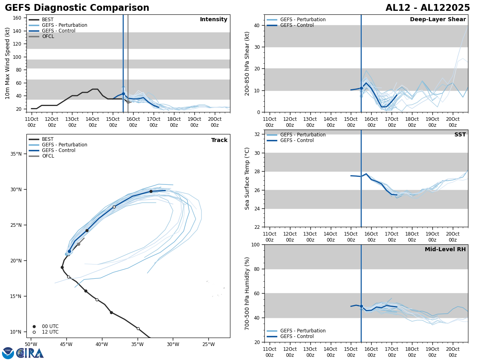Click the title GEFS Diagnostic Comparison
tap(77, 8)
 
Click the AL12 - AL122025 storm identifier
tap(428, 8)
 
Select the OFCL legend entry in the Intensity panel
tap(48, 36)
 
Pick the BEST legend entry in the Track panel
tap(48, 139)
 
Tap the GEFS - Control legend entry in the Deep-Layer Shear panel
tap(297, 25)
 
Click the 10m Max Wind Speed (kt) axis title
tap(8, 63)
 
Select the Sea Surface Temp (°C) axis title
tap(247, 178)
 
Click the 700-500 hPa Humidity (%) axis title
tap(247, 293)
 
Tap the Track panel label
tap(219, 140)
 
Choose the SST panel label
tap(460, 135)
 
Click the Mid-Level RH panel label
tap(445, 250)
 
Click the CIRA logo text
tap(30, 353)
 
